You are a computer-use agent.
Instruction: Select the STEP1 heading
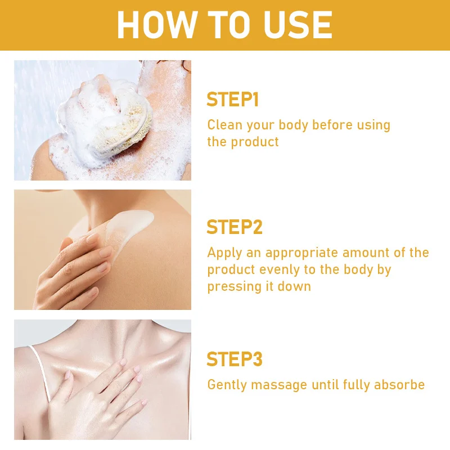click(233, 100)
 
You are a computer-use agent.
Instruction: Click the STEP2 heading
click(235, 227)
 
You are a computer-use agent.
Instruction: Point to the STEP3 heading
click(235, 359)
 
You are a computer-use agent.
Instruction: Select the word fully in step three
click(356, 385)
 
